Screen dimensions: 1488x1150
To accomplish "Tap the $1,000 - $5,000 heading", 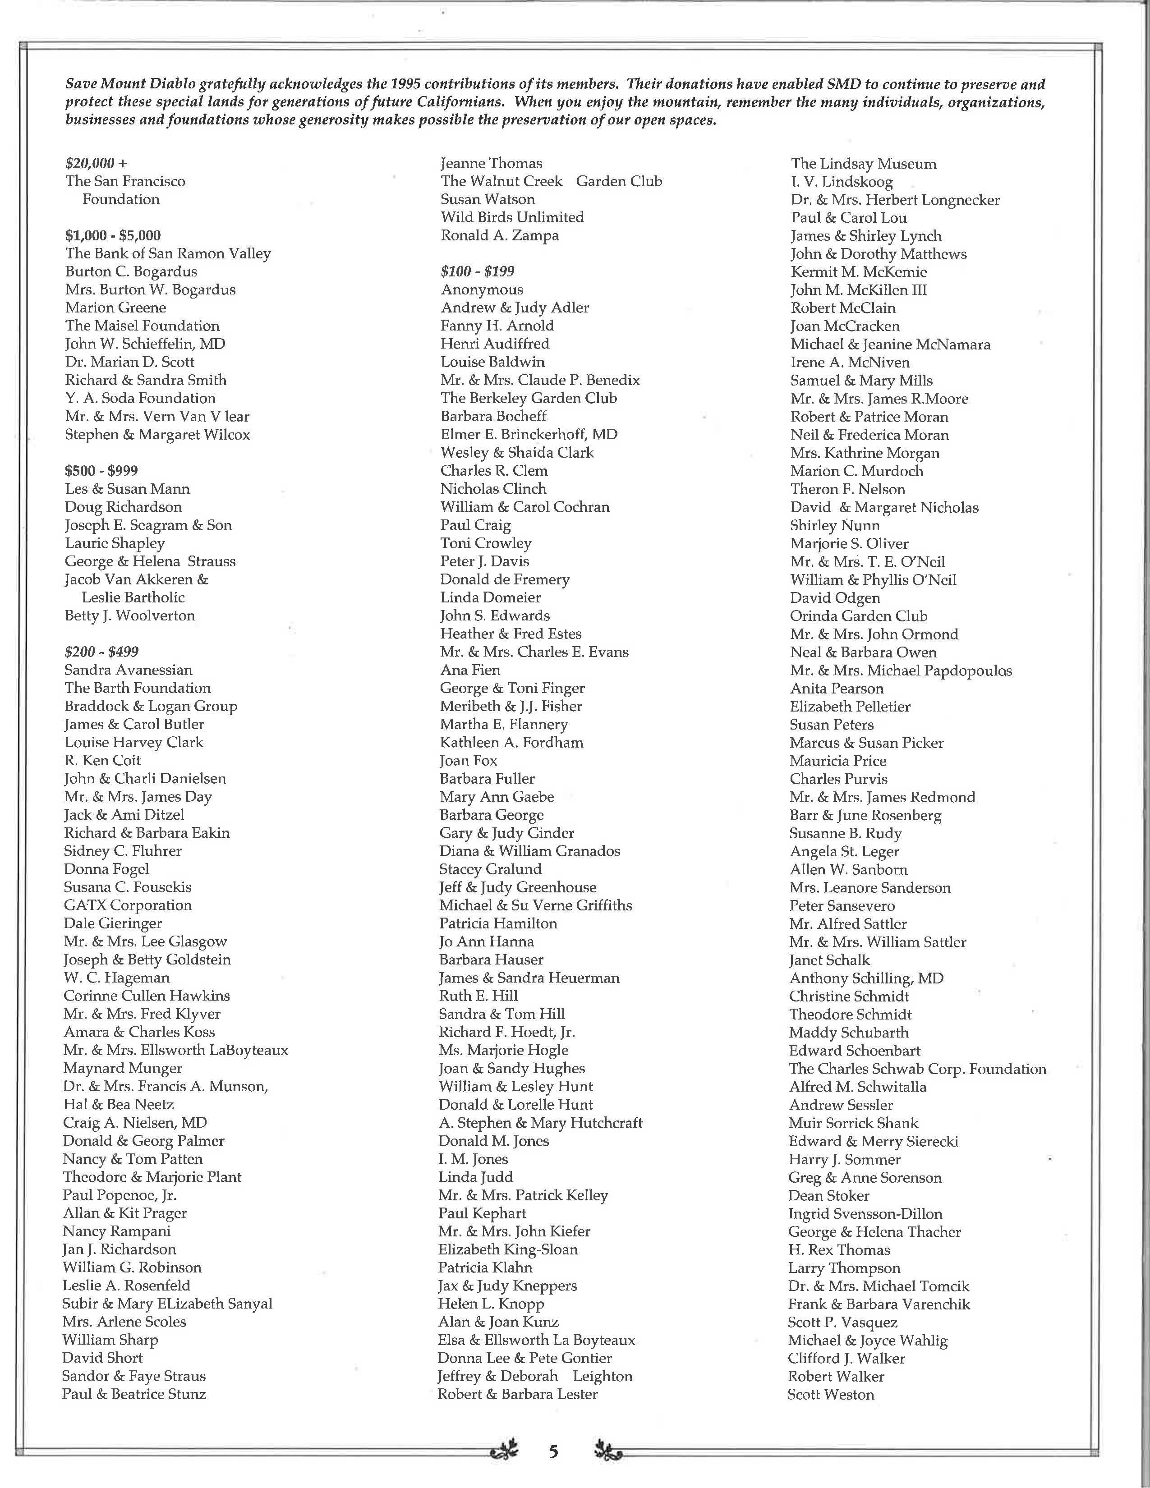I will [x=113, y=236].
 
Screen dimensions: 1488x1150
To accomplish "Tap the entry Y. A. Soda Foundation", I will [x=140, y=399].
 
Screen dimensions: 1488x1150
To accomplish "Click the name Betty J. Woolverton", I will [x=129, y=616].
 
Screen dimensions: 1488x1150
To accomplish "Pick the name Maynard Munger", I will [x=123, y=1068].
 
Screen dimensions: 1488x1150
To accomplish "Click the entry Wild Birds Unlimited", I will [x=512, y=217].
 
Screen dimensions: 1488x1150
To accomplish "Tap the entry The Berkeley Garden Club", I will [x=529, y=399].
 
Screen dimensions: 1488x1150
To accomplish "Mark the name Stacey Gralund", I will [x=491, y=869].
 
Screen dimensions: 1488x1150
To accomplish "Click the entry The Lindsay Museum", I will [x=863, y=164].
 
